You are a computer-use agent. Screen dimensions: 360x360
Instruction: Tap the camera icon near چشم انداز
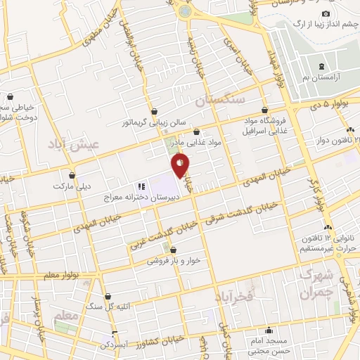pyautogui.click(x=326, y=14)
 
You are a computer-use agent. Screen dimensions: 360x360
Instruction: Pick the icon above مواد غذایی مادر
pyautogui.click(x=196, y=131)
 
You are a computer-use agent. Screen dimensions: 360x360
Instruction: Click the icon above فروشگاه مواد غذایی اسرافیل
pyautogui.click(x=264, y=110)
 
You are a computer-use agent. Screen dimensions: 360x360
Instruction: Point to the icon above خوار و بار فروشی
pyautogui.click(x=173, y=249)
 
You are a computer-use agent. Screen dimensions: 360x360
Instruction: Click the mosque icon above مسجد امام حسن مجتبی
pyautogui.click(x=267, y=330)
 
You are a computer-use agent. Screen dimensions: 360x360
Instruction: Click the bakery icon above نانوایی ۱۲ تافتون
pyautogui.click(x=328, y=227)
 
